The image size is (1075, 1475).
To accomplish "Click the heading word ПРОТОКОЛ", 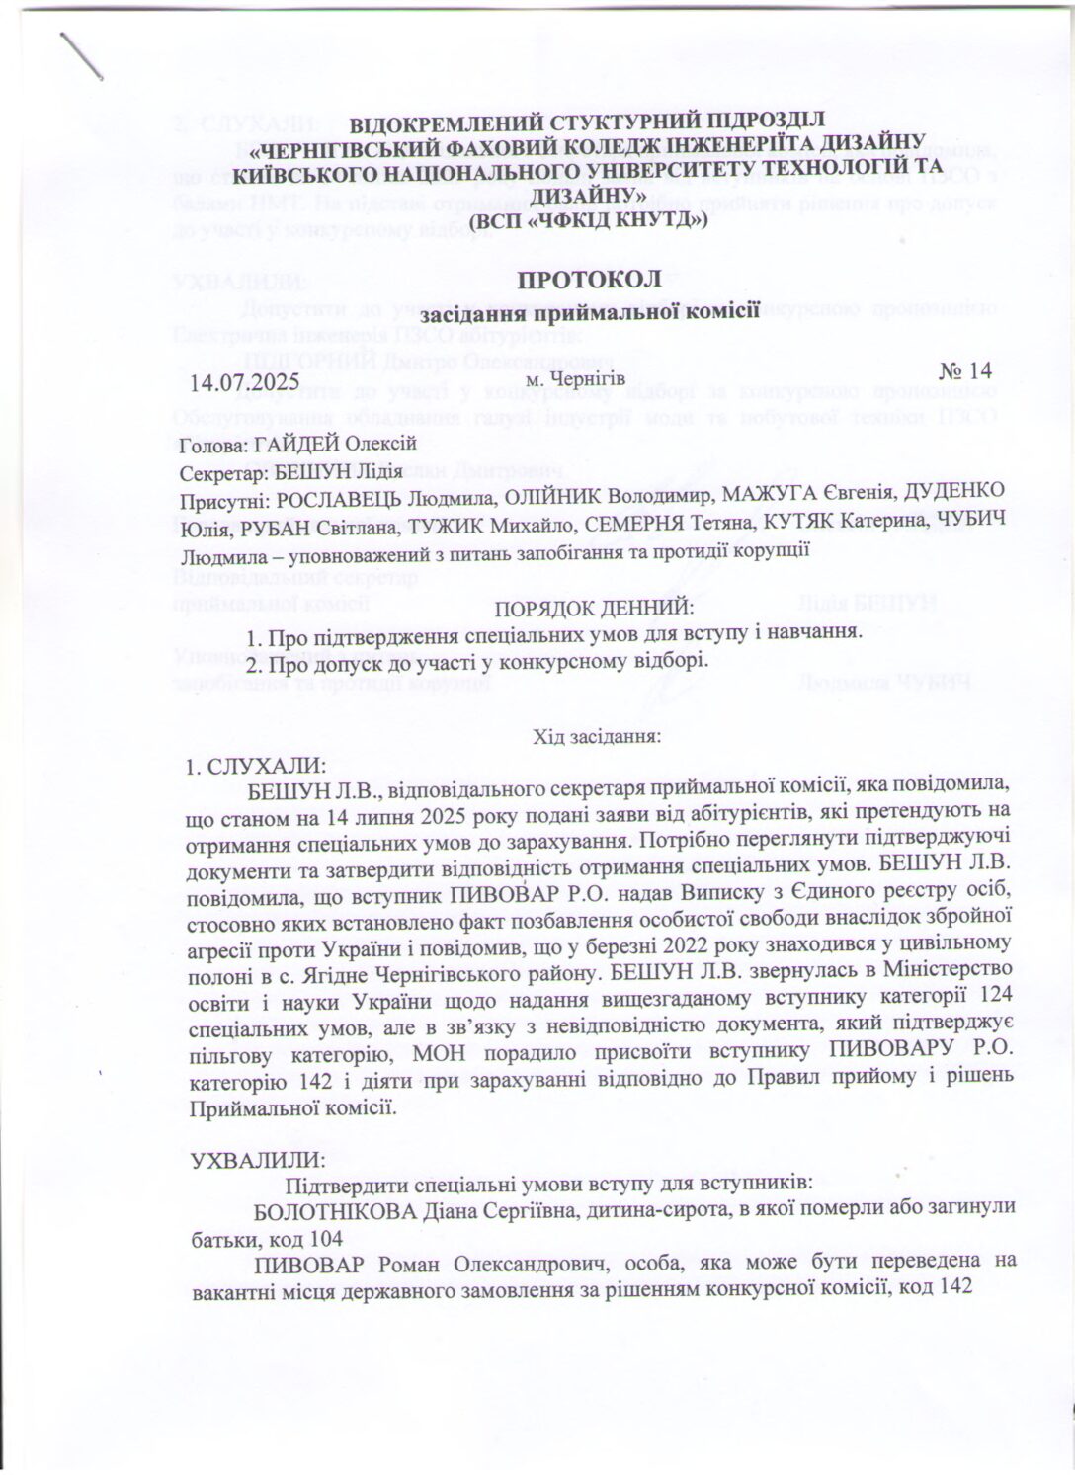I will [x=589, y=280].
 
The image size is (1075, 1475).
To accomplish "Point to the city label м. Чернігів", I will [x=576, y=378].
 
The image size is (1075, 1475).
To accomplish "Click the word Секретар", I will [x=216, y=472].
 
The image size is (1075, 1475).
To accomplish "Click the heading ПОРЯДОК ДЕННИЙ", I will [x=594, y=607].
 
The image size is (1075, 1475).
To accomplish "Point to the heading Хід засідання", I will [x=596, y=736].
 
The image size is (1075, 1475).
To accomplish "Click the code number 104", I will [x=326, y=1239].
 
